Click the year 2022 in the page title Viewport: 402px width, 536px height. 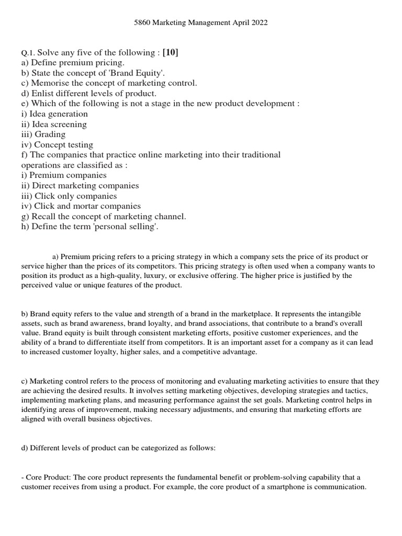pyautogui.click(x=264, y=23)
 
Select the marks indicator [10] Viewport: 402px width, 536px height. pyautogui.click(x=174, y=52)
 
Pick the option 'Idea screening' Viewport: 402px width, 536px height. pyautogui.click(x=54, y=125)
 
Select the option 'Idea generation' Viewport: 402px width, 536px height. pyautogui.click(x=54, y=114)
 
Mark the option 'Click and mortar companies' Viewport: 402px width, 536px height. pyautogui.click(x=81, y=206)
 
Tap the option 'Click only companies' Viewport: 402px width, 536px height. pyautogui.click(x=69, y=196)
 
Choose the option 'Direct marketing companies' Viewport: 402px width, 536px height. pyautogui.click(x=80, y=186)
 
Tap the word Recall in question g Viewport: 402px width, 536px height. pyautogui.click(x=43, y=217)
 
